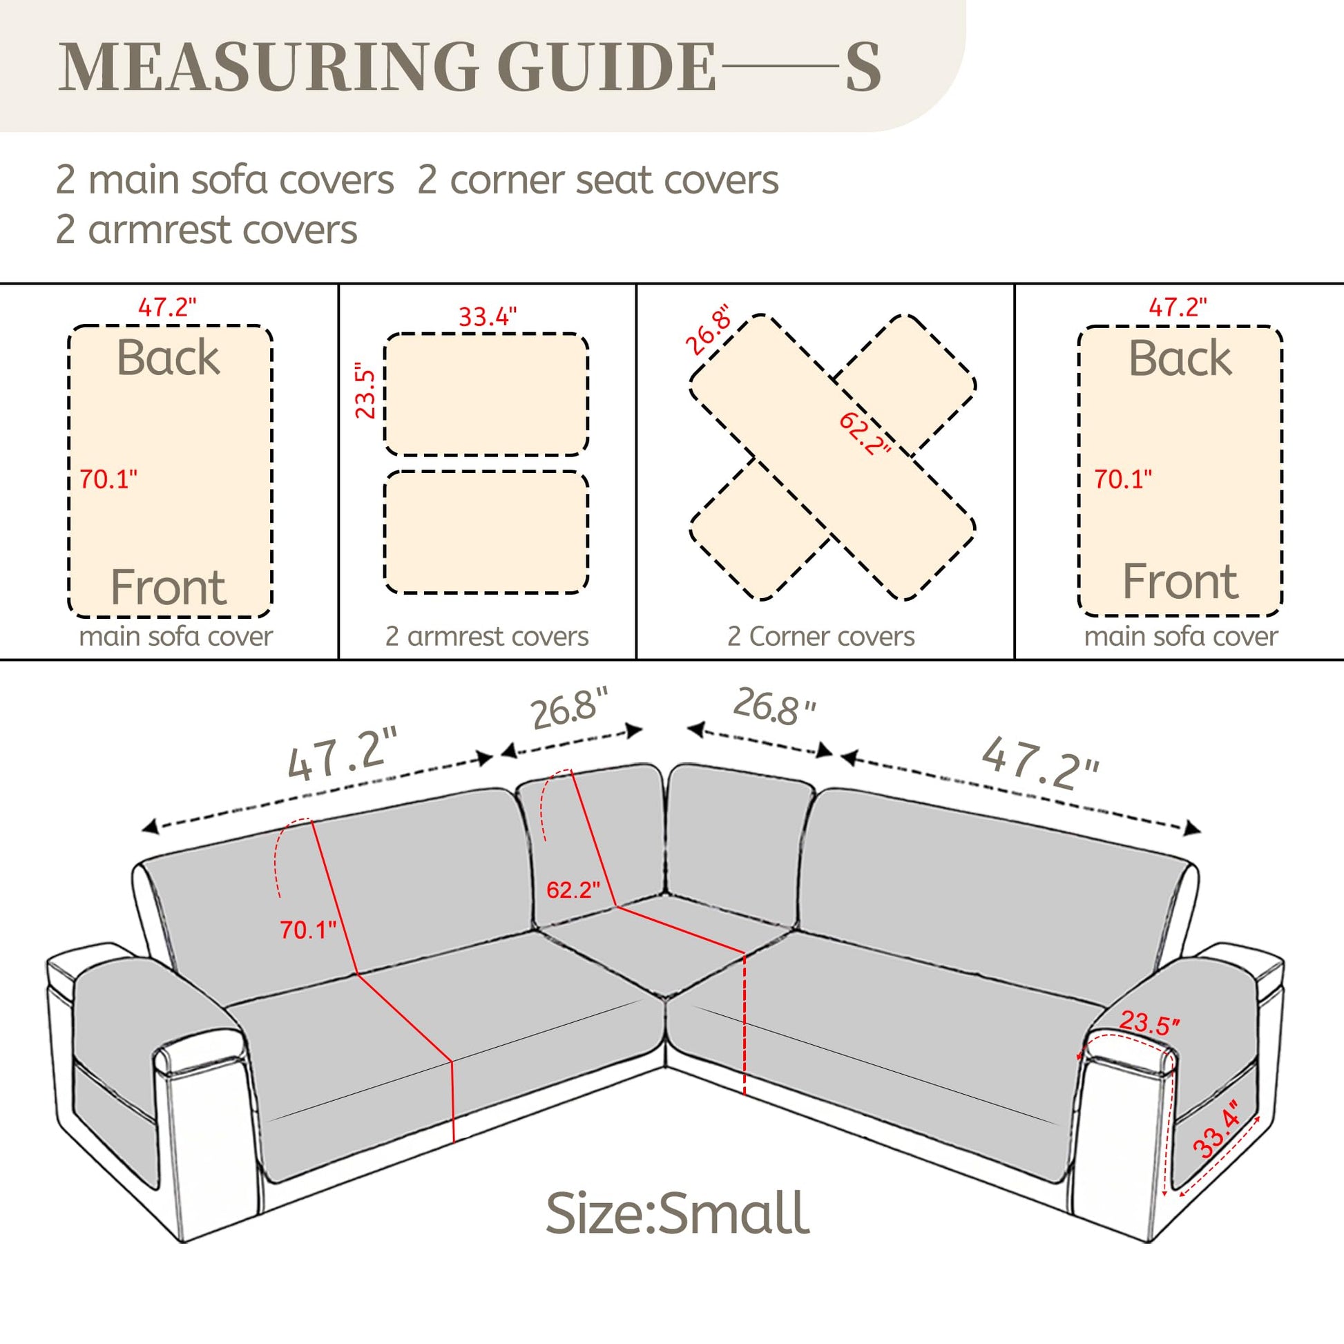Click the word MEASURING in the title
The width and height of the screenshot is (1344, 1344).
click(269, 67)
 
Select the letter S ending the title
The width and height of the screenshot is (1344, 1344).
click(863, 67)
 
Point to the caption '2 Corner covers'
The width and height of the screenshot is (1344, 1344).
click(821, 637)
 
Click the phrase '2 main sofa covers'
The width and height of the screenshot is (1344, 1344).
click(224, 180)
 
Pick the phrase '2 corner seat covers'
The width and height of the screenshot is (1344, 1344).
click(598, 180)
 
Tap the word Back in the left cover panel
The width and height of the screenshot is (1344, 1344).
click(169, 358)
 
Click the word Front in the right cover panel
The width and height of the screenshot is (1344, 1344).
click(1180, 581)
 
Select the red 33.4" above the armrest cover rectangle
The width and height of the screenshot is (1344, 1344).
click(487, 317)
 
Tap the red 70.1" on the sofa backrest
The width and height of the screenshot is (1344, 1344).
click(308, 930)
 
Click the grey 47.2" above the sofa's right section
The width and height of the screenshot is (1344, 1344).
click(1041, 762)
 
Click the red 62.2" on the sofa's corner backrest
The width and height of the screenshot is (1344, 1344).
click(573, 890)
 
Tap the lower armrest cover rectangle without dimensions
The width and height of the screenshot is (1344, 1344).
click(486, 533)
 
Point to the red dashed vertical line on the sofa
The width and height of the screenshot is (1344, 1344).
click(745, 1024)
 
